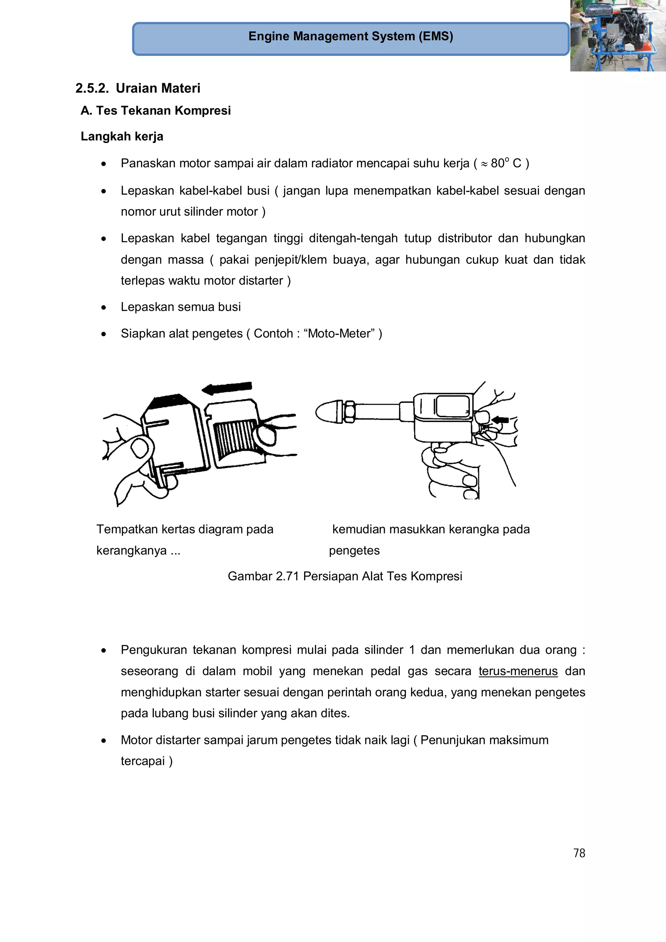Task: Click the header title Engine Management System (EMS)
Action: [351, 36]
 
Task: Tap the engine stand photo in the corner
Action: [618, 36]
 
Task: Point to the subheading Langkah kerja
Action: [122, 136]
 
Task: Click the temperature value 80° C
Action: [506, 163]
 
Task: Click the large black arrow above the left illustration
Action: [227, 387]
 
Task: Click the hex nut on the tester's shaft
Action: [349, 412]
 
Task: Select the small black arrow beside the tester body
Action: [500, 419]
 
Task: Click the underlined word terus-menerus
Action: [518, 671]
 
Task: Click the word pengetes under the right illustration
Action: [354, 550]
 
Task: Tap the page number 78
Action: [579, 853]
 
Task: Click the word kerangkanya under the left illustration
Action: [131, 550]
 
